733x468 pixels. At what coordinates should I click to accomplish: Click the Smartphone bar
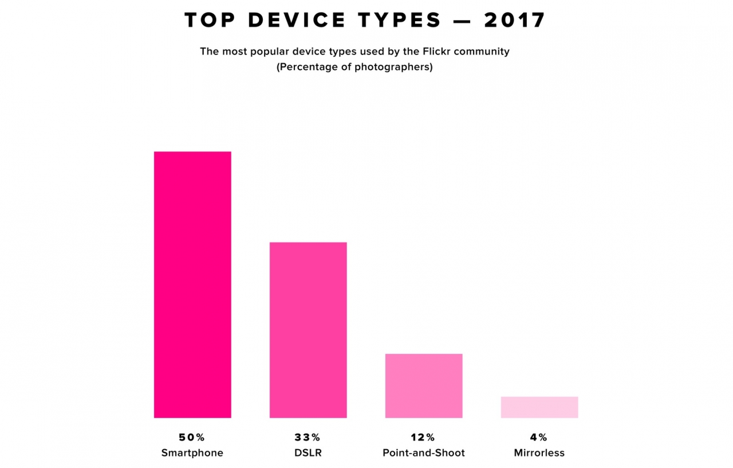[192, 284]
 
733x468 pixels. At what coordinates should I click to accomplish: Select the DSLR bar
[308, 330]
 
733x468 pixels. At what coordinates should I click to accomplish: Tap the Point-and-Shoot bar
[424, 385]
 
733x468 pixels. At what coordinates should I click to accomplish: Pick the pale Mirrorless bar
[539, 407]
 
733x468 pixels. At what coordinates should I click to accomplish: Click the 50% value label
[192, 438]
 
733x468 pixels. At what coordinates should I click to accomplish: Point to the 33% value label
[308, 438]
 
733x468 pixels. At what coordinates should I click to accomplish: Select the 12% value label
[424, 438]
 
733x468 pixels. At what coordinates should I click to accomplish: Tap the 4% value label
[539, 438]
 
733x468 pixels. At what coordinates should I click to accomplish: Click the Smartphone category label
[192, 453]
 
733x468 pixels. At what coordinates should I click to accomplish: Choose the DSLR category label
[308, 453]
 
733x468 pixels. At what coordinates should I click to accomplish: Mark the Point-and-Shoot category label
[424, 453]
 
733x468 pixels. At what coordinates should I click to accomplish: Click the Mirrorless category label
[539, 453]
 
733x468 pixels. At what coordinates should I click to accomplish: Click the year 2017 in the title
[515, 21]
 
